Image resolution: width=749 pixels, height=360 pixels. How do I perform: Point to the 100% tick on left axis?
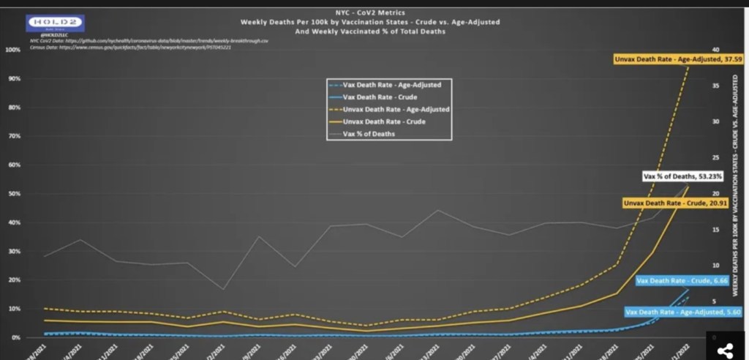tap(12, 50)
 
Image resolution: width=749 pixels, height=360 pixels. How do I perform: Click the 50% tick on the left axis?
tap(13, 194)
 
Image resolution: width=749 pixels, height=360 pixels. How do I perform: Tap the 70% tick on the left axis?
tap(13, 136)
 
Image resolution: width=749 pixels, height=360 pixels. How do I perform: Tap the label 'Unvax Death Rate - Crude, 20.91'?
tap(668, 202)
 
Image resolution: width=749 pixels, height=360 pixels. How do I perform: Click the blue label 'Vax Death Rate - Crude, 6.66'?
tap(671, 280)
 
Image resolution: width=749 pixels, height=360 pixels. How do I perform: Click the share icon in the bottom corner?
tap(726, 350)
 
